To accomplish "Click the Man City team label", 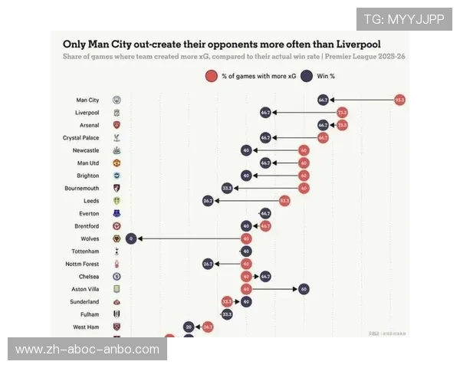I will [87, 100].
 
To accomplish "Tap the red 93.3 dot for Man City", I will [399, 100].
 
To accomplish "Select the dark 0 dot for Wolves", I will [131, 238].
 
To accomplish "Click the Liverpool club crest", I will [117, 113].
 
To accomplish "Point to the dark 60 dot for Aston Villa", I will [304, 288].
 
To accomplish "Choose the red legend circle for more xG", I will [211, 76].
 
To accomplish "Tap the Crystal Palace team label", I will [80, 138].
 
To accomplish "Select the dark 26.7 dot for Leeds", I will [208, 201].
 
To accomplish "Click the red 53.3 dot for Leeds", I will [284, 201].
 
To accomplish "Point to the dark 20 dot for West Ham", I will [189, 327].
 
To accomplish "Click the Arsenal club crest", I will [117, 125].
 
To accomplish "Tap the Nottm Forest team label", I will [82, 264].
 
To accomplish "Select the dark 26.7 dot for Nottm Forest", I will [208, 264].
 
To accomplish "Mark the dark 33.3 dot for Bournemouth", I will [227, 188].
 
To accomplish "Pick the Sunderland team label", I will [84, 301].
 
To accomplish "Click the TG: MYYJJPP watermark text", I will [403, 19].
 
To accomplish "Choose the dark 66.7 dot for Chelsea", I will [265, 276].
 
